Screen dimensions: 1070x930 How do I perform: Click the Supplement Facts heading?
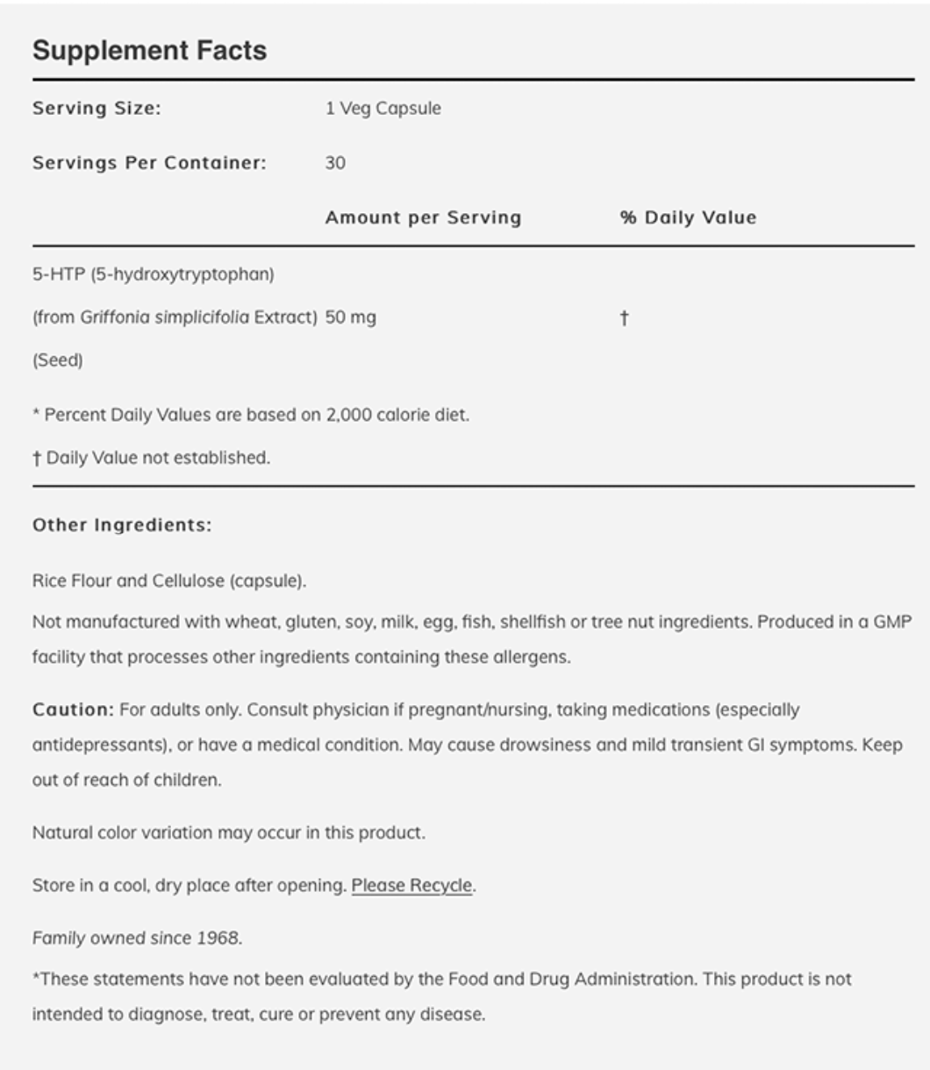pyautogui.click(x=149, y=51)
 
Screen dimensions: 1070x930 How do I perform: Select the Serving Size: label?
pyautogui.click(x=97, y=109)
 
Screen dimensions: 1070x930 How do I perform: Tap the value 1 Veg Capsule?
pyautogui.click(x=383, y=109)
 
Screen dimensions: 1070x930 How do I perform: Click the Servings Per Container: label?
pyautogui.click(x=149, y=163)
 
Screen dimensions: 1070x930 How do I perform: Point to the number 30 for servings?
pyautogui.click(x=335, y=163)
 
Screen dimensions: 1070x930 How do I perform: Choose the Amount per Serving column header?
pyautogui.click(x=423, y=218)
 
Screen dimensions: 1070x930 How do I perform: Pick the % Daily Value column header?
pyautogui.click(x=688, y=218)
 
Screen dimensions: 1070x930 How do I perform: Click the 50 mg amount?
pyautogui.click(x=350, y=317)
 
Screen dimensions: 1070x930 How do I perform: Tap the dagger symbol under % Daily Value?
pyautogui.click(x=624, y=317)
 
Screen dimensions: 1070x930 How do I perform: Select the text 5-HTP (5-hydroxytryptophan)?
pyautogui.click(x=154, y=275)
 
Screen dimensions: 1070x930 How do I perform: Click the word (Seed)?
pyautogui.click(x=58, y=360)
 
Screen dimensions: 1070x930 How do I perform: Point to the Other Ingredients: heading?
pyautogui.click(x=122, y=525)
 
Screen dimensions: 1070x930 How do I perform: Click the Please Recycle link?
pyautogui.click(x=411, y=886)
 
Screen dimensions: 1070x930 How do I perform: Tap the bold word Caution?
pyautogui.click(x=73, y=710)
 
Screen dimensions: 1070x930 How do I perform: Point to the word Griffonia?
pyautogui.click(x=115, y=317)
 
